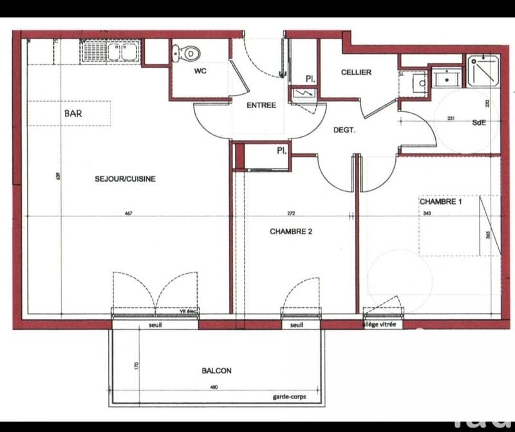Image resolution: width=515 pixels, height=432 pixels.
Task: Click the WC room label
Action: click(x=200, y=71)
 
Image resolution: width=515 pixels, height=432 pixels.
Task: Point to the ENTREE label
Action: click(x=261, y=106)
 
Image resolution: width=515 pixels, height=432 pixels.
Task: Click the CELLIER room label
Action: click(x=355, y=72)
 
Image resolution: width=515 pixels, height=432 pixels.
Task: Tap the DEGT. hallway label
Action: click(x=345, y=129)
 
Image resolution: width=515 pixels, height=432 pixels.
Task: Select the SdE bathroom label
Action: click(x=479, y=122)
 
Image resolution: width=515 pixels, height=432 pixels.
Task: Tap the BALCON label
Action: click(x=216, y=371)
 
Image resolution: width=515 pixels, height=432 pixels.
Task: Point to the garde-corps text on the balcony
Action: click(x=289, y=397)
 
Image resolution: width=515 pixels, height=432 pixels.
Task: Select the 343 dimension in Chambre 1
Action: click(x=426, y=214)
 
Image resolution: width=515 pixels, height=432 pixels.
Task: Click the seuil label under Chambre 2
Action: click(x=296, y=325)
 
